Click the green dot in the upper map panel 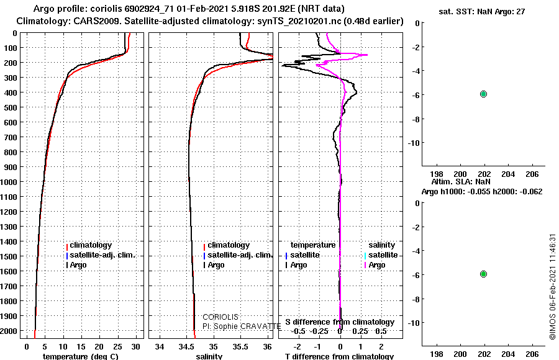483,94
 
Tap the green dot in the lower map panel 483,274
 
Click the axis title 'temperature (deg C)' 81,356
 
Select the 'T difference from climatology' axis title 339,356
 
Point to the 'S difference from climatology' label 340,322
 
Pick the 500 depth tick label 11,107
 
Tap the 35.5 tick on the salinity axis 240,347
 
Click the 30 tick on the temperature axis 135,347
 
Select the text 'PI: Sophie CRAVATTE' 242,326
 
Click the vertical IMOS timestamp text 553,287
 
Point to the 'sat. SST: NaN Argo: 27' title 481,12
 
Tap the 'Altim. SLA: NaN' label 461,181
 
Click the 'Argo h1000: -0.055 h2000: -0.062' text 482,192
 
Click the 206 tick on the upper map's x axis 532,174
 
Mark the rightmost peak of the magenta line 367,55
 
